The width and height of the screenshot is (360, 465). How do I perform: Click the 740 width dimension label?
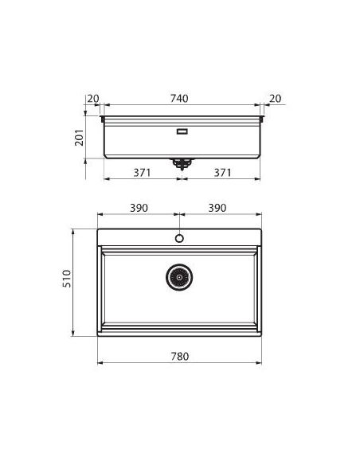coord(179,99)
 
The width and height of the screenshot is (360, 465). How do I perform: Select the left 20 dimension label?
coord(93,99)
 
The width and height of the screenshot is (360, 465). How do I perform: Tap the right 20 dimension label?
coord(275,99)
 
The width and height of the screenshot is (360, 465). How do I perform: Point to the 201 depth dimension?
coord(79,137)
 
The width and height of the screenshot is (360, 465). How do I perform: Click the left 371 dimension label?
coord(142,173)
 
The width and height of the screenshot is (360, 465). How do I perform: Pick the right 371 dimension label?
coord(222,173)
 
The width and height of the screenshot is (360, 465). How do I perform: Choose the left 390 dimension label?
coord(139,208)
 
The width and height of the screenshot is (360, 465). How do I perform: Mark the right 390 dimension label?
coord(217,208)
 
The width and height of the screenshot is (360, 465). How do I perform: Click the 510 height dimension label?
coord(67,279)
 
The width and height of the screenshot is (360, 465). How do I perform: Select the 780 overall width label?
coord(180,356)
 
